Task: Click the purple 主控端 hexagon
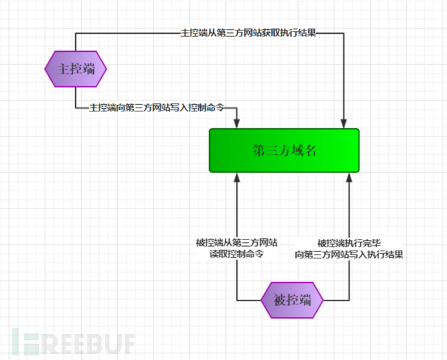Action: click(76, 69)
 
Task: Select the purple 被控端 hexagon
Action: click(292, 300)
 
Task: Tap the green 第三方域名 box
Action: click(284, 150)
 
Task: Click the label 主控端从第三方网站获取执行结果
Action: click(248, 33)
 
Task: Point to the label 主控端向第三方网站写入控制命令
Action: click(157, 107)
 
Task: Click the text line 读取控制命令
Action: click(236, 254)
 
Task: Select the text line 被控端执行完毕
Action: click(349, 243)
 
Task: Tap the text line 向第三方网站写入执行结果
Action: click(349, 254)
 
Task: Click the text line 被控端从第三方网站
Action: click(236, 243)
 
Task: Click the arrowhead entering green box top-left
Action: click(236, 124)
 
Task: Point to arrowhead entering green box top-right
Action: click(344, 124)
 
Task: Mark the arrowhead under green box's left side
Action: click(236, 177)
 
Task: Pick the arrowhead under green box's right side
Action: click(349, 177)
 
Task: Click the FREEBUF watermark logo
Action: click(73, 342)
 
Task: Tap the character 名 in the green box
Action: click(310, 150)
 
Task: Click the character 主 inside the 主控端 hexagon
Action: click(63, 69)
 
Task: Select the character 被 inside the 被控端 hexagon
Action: click(280, 300)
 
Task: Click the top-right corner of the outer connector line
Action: click(344, 34)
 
